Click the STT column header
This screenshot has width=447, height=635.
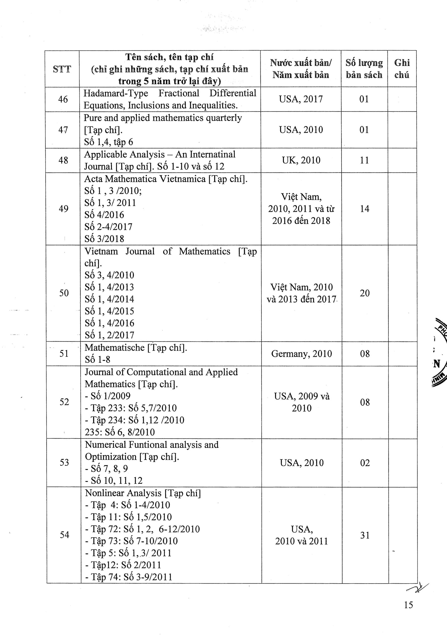(x=62, y=69)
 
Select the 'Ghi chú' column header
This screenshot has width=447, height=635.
(x=402, y=69)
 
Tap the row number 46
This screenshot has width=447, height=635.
(x=63, y=99)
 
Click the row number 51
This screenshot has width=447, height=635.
(x=64, y=353)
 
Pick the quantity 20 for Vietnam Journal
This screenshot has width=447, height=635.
(x=365, y=293)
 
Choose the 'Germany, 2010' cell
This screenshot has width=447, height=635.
(x=301, y=354)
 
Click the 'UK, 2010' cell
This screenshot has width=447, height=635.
(x=301, y=160)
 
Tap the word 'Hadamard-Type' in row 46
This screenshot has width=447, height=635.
(x=116, y=93)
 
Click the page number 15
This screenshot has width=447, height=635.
(x=408, y=605)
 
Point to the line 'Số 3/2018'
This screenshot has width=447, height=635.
(x=104, y=239)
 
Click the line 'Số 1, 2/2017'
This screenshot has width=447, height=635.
(x=109, y=335)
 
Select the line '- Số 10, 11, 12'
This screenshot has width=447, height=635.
(x=114, y=480)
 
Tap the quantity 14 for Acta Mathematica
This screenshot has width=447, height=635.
(x=365, y=209)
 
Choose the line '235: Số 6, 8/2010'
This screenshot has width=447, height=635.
(x=120, y=432)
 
